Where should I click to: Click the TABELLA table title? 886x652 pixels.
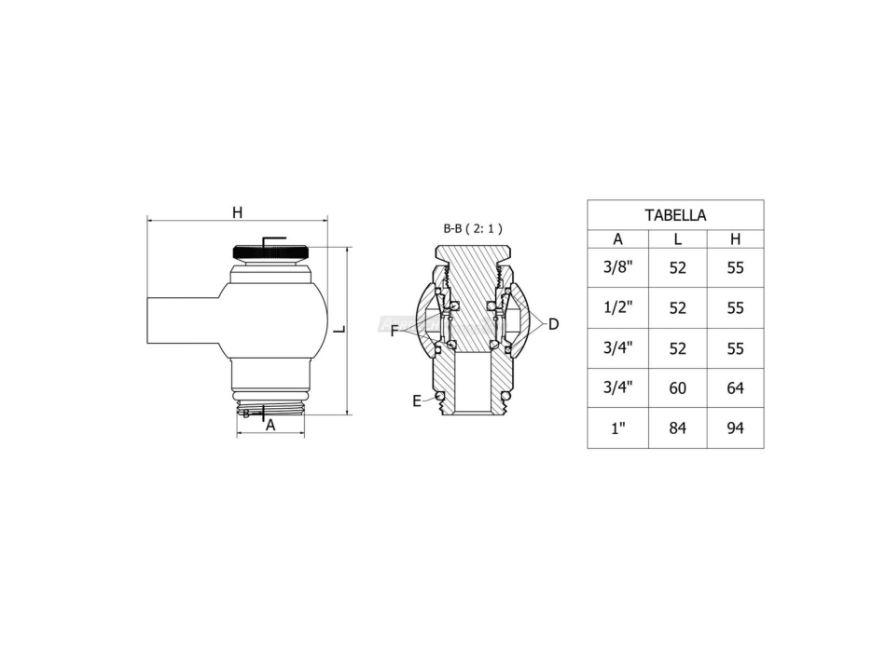coord(675,215)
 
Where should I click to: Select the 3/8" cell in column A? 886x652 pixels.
coord(617,267)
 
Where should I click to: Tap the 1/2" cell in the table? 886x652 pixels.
coord(617,307)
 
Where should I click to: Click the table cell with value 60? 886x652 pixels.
coord(678,387)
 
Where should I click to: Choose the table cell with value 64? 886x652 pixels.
coord(735,387)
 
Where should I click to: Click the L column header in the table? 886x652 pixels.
coord(678,238)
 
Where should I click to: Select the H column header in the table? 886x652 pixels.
coord(735,238)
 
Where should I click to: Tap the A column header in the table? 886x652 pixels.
coord(617,238)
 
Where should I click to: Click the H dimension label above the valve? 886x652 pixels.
coord(238,212)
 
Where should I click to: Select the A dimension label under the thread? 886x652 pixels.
coord(270,426)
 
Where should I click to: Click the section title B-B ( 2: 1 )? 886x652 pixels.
coord(473,227)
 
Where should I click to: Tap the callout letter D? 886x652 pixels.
coord(553,324)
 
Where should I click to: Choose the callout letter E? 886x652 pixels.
coord(417,401)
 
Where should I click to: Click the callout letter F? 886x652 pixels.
coord(395,330)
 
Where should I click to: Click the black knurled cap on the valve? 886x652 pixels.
coord(270,251)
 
